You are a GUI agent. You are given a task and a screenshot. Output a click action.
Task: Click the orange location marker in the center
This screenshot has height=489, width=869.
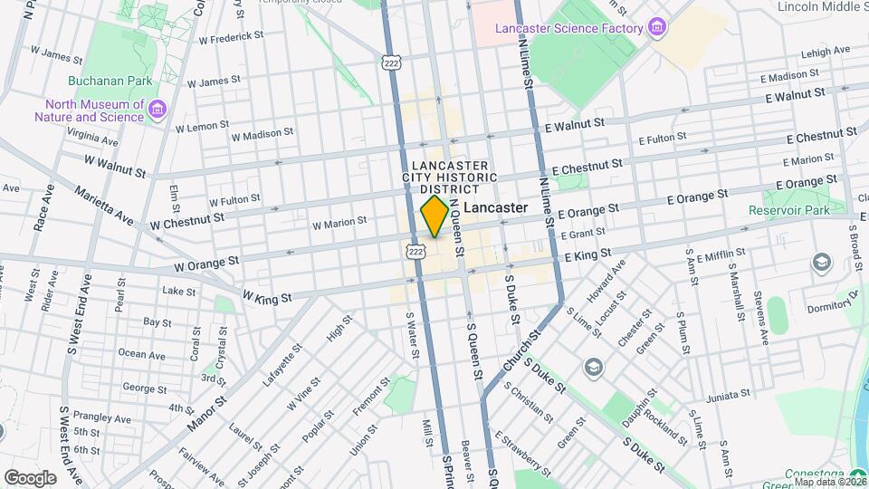[434, 216]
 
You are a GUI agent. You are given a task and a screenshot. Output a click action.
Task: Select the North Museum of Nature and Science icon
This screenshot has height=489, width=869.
[158, 110]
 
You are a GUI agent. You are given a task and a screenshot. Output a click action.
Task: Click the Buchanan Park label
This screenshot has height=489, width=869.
[113, 81]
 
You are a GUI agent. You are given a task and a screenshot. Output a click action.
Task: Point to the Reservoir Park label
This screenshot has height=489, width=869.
[788, 210]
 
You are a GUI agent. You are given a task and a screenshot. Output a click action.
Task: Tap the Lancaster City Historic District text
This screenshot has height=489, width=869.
[450, 177]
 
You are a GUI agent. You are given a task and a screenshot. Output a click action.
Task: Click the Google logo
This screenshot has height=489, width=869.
[30, 477]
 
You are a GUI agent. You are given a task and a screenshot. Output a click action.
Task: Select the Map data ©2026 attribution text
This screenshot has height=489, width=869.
[828, 482]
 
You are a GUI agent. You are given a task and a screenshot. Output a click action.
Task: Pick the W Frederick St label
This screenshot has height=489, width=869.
[231, 37]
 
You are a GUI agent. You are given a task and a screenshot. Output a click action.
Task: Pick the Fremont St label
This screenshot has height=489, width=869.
[365, 399]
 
